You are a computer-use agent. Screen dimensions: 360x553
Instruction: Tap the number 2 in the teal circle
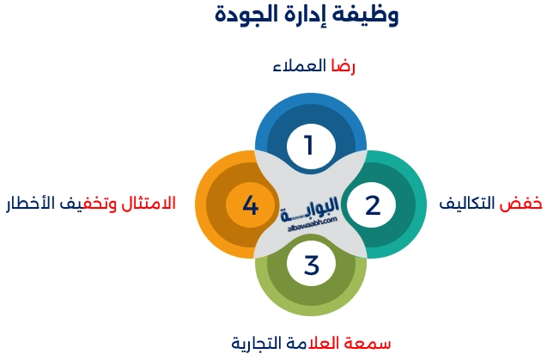click(x=372, y=205)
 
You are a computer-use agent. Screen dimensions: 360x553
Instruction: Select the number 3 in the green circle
click(x=311, y=265)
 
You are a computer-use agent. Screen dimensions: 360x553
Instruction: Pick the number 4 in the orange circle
click(x=251, y=205)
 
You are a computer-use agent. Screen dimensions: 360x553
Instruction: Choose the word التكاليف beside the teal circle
click(x=471, y=204)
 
